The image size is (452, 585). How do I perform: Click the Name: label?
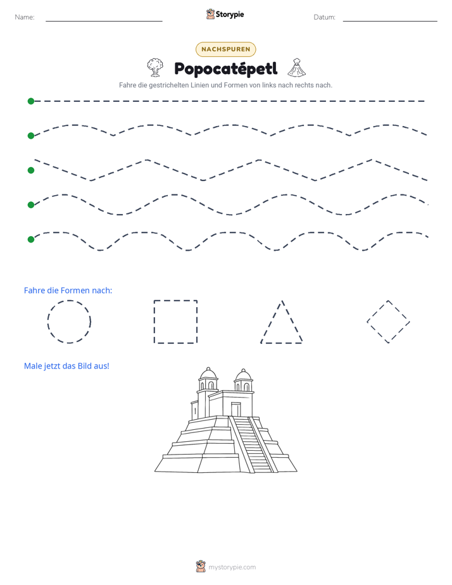(x=25, y=17)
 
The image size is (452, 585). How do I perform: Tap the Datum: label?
(x=325, y=17)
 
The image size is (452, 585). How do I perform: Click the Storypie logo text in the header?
(x=230, y=15)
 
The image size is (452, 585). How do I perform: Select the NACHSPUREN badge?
(x=225, y=49)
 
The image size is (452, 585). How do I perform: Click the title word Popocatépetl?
(x=226, y=68)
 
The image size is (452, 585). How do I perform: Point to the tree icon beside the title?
(x=154, y=68)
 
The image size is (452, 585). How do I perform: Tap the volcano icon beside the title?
(x=297, y=68)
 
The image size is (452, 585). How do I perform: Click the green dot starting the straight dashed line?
(x=31, y=101)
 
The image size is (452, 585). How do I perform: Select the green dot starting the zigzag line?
(x=31, y=170)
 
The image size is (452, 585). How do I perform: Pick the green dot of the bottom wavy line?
(x=31, y=239)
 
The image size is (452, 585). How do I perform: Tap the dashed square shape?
(x=154, y=322)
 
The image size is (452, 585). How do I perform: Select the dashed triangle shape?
(x=271, y=322)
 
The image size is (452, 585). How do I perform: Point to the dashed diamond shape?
(x=377, y=311)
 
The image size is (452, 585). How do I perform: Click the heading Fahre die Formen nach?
(x=68, y=290)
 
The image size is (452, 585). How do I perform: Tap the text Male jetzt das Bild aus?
(x=66, y=366)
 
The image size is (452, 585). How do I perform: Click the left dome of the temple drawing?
(x=208, y=374)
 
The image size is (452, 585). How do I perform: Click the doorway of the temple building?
(x=235, y=409)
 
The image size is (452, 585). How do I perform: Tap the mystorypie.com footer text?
(x=232, y=567)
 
